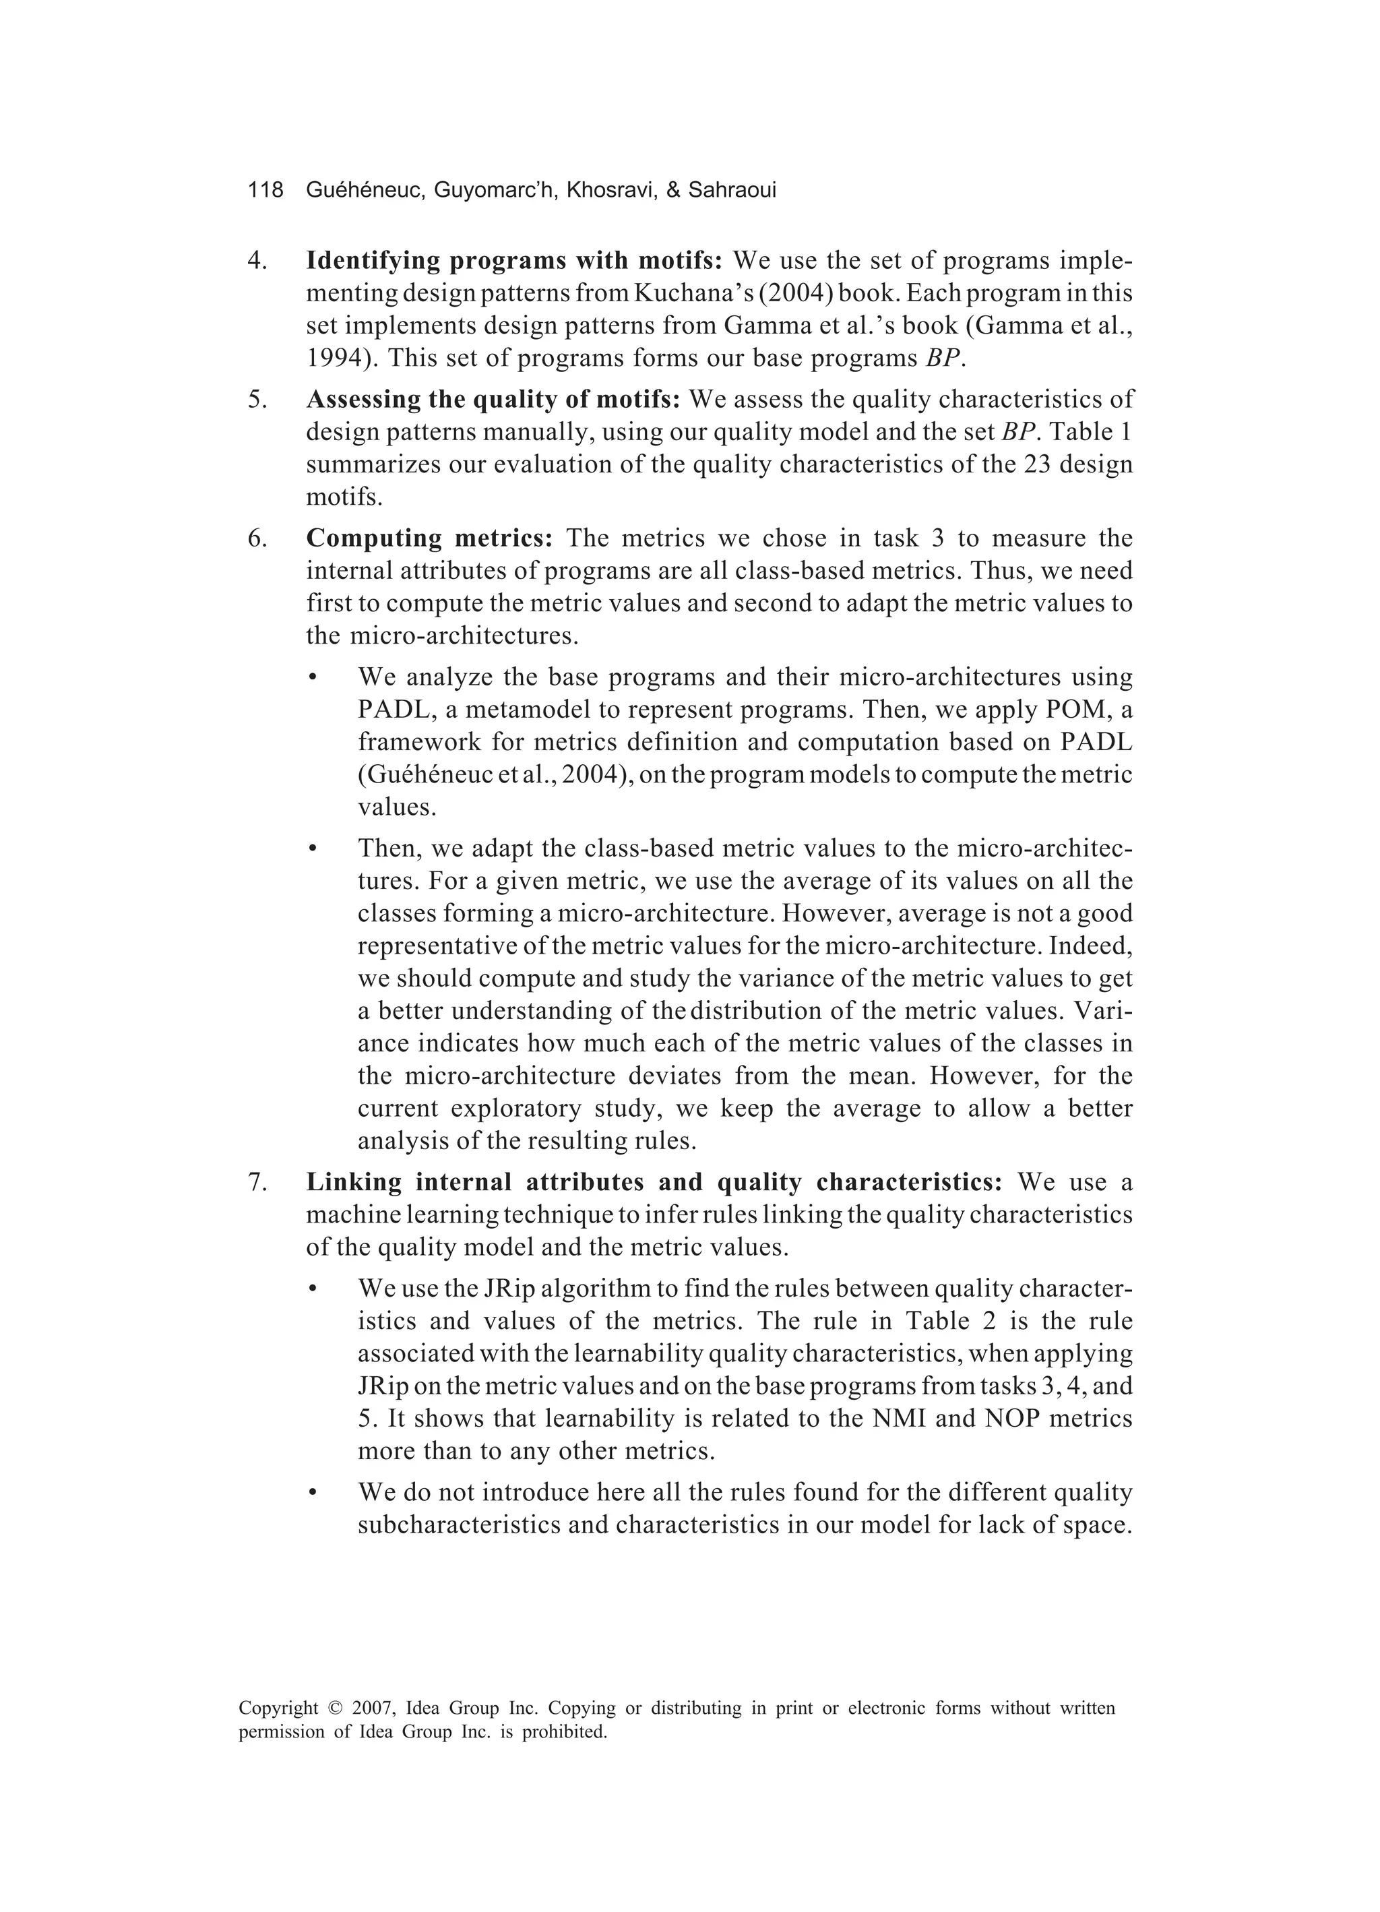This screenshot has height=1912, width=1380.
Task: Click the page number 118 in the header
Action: [265, 191]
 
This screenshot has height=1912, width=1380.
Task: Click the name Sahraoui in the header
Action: [732, 191]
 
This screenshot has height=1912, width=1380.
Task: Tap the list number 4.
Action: [258, 261]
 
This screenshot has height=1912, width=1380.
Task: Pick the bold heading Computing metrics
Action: [429, 538]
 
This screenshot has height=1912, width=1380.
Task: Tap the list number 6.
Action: [258, 538]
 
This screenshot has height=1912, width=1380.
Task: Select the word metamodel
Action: [553, 710]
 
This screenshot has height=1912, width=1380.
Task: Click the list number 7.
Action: [258, 1183]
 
